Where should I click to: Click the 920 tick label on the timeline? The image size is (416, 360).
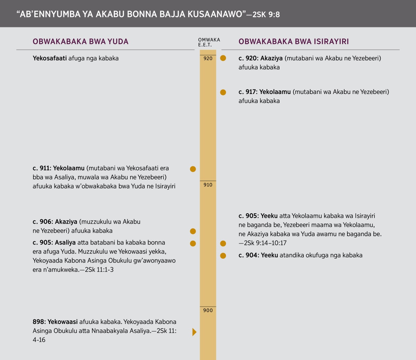[x=208, y=59]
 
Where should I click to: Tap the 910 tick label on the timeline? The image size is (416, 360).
[x=208, y=185]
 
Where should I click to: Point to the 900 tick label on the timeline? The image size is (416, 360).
[x=208, y=310]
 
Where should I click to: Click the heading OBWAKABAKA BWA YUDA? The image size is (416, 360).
[x=80, y=42]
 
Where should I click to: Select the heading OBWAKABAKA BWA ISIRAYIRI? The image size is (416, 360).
[x=294, y=42]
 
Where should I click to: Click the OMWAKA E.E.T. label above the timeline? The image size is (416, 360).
[x=209, y=42]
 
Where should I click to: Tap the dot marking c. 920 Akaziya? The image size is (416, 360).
[x=223, y=58]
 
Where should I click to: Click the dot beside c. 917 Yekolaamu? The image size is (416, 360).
[x=223, y=92]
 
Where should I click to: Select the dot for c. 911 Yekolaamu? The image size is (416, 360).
[x=193, y=169]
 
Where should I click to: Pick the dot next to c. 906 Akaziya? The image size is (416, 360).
[x=193, y=231]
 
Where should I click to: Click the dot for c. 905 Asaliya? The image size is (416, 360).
[x=193, y=243]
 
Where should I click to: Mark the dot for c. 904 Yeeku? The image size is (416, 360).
[x=223, y=256]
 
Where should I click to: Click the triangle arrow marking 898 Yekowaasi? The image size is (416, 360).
[x=194, y=332]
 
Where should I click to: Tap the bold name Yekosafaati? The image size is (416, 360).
[x=50, y=58]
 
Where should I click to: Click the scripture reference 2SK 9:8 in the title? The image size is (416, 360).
[x=266, y=14]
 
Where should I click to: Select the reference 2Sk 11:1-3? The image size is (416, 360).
[x=97, y=269]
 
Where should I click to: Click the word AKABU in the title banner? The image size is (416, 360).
[x=108, y=14]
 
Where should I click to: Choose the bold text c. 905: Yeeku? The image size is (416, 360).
[x=258, y=216]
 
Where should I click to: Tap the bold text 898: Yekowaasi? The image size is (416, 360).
[x=55, y=322]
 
